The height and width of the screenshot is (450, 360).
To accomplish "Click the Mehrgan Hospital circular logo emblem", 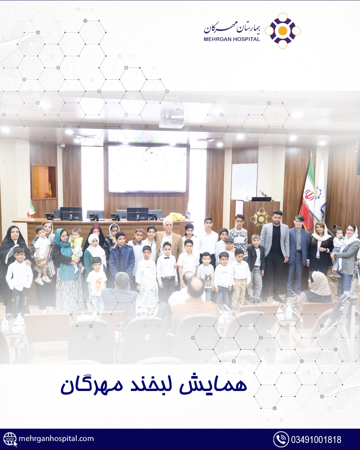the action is pyautogui.click(x=283, y=31).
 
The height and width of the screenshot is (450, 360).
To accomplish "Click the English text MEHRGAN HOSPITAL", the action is pyautogui.click(x=232, y=39).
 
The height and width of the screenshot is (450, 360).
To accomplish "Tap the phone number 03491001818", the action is pyautogui.click(x=316, y=439).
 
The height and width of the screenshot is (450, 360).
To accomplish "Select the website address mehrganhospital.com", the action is pyautogui.click(x=56, y=438).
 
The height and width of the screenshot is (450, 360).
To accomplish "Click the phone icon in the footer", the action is pyautogui.click(x=281, y=439).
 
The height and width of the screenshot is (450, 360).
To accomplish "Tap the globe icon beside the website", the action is pyautogui.click(x=10, y=439).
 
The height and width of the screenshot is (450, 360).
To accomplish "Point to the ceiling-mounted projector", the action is pyautogui.click(x=172, y=122).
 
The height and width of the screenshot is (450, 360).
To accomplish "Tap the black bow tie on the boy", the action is pyautogui.click(x=167, y=258).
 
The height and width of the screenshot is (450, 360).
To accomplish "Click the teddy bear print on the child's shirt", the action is pyautogui.click(x=208, y=280).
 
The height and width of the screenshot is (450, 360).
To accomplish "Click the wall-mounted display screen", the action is pyautogui.click(x=147, y=169).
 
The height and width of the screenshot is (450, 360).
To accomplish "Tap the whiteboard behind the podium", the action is pyautogui.click(x=244, y=182).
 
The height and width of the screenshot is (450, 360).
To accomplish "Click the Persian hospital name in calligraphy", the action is pyautogui.click(x=232, y=29).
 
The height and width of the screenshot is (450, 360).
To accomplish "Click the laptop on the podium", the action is pyautogui.click(x=261, y=199).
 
